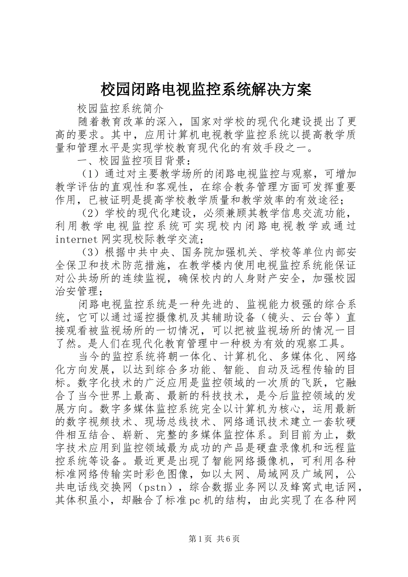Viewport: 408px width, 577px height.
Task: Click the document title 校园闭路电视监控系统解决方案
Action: (205, 89)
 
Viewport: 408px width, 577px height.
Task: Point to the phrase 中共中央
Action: (133, 251)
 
